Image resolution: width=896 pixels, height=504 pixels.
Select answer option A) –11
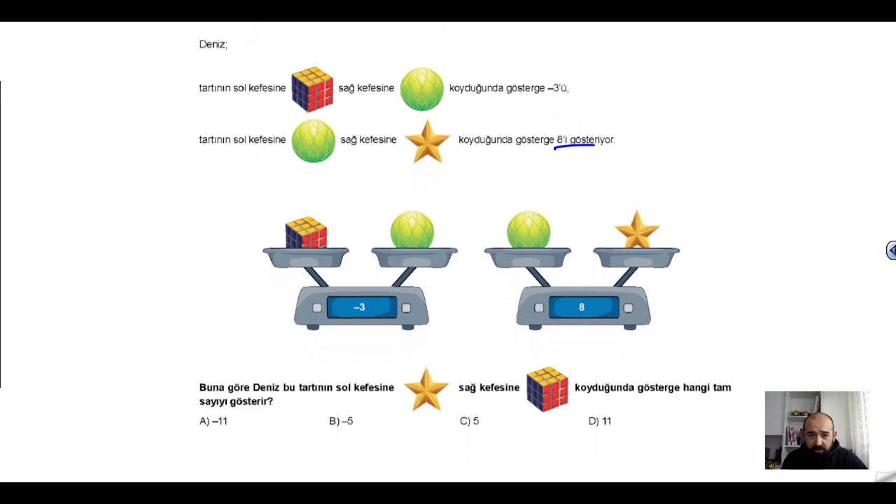[x=213, y=421]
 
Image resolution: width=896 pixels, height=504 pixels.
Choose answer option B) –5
[x=341, y=421]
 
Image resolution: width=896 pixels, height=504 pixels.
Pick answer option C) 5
[x=469, y=421]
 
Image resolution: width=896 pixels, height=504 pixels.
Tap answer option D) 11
[x=600, y=421]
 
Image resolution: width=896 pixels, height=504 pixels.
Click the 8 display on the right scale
[x=584, y=307]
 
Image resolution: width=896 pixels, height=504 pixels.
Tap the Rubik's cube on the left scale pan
[x=306, y=233]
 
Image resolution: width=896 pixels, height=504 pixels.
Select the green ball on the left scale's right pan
[x=412, y=230]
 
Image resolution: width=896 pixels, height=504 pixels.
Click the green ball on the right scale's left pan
[x=528, y=230]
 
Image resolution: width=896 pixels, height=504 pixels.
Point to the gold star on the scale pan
[x=637, y=230]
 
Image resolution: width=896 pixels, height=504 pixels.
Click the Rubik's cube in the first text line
[x=312, y=89]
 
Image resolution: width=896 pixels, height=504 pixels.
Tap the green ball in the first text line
[x=422, y=89]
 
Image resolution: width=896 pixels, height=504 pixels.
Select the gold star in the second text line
[x=427, y=141]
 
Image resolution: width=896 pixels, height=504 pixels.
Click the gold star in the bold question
[x=426, y=389]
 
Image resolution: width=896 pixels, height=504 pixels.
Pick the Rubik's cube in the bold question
[x=547, y=389]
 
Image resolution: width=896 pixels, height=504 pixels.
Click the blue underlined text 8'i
[x=562, y=139]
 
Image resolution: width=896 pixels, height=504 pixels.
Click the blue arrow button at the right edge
[x=891, y=251]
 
